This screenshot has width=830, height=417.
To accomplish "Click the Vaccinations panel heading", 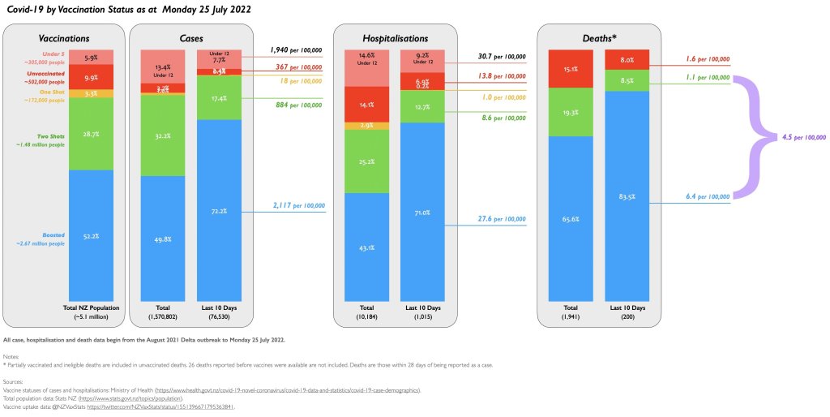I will [65, 37].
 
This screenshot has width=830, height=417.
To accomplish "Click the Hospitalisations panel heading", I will [396, 37].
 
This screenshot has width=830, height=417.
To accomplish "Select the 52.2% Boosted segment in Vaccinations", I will [91, 235].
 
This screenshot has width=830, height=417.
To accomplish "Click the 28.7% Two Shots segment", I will [91, 133].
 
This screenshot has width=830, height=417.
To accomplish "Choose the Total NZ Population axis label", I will [90, 307].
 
